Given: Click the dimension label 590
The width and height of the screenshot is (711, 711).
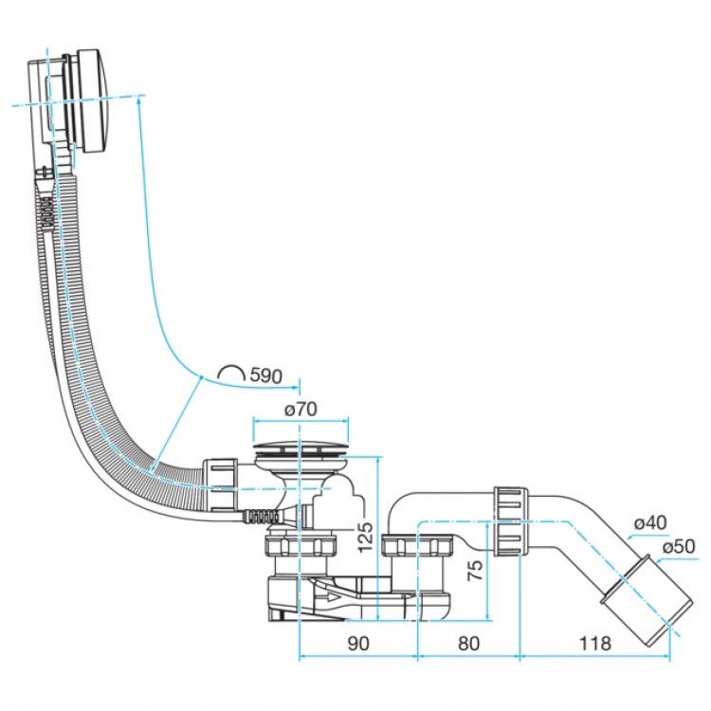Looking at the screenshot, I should (x=265, y=376).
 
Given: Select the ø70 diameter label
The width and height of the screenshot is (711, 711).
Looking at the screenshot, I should (x=300, y=410).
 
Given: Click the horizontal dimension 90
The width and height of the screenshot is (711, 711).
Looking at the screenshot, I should (x=357, y=643).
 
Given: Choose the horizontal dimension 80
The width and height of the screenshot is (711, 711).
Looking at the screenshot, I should (x=468, y=643).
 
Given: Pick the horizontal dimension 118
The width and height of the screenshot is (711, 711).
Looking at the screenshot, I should (x=595, y=643).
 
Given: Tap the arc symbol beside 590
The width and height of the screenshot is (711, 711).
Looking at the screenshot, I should (x=230, y=373).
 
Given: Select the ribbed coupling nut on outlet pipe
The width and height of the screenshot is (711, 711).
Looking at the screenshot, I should (x=508, y=521).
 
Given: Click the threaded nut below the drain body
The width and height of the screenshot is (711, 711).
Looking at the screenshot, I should (x=301, y=547).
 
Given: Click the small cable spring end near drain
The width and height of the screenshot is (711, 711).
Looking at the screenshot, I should (x=260, y=516).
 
